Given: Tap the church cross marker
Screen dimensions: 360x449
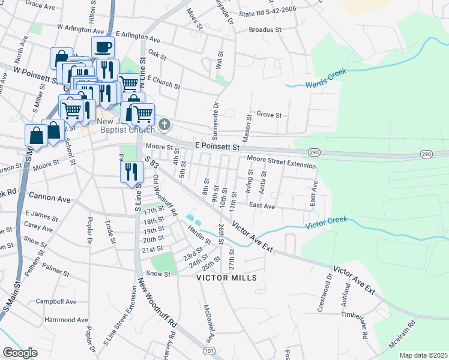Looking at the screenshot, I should pos(165,126).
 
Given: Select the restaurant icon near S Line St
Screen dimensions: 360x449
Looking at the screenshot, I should pos(131,172).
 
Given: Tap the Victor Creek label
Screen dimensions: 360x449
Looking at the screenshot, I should pos(327,226).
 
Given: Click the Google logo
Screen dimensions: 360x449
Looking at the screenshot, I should pos(20,353).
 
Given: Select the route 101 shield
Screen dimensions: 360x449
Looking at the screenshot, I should pos(209,350).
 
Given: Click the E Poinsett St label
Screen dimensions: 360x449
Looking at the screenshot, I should pos(217,146).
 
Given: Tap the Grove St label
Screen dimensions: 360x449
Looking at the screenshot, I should pos(269,114).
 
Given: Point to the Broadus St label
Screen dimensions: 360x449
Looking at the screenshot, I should pos(265,29).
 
